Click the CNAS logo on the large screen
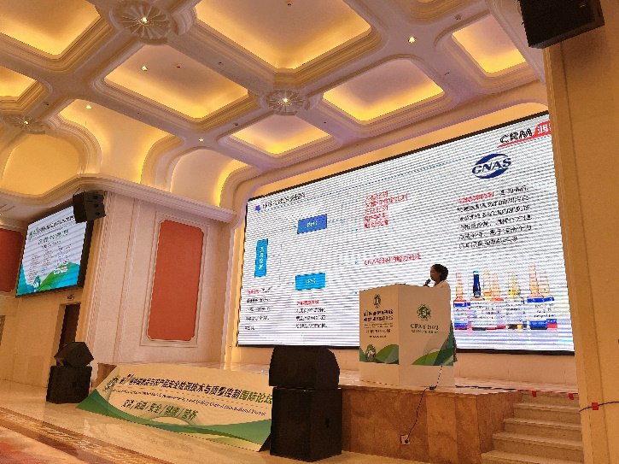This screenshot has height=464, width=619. [491, 167]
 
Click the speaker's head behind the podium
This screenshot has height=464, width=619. [439, 273]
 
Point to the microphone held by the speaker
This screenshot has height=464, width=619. [428, 281]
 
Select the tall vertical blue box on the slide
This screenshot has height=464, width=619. [262, 256]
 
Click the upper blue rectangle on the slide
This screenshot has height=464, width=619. [311, 224]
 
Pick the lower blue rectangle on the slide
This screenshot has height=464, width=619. [309, 281]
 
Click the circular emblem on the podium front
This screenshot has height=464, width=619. [377, 300]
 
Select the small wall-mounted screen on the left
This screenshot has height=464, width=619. [53, 250]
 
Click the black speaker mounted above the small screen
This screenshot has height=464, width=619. [88, 206]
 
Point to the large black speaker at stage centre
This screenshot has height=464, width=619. [305, 402]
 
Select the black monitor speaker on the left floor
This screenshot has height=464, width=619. [70, 373]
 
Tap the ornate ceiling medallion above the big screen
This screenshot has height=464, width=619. [286, 101]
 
